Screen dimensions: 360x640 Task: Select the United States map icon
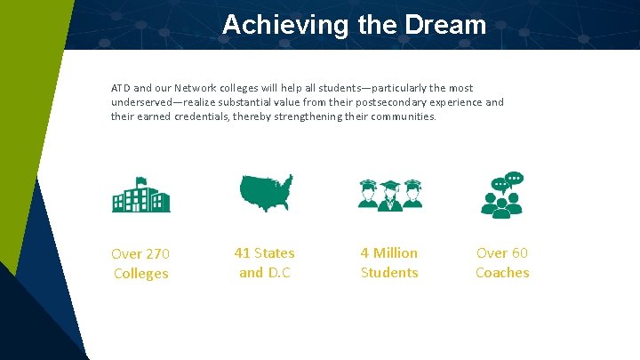click(266, 192)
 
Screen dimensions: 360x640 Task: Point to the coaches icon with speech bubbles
click(502, 195)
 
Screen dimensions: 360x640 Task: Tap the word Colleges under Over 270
click(140, 274)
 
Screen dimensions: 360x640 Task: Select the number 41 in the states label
click(242, 253)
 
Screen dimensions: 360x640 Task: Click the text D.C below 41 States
click(278, 273)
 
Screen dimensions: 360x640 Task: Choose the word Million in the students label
click(396, 253)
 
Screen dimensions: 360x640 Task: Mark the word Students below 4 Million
click(389, 273)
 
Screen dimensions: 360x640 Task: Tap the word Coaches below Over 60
click(502, 273)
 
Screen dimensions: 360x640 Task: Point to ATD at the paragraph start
click(120, 89)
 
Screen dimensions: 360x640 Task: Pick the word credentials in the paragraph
click(202, 117)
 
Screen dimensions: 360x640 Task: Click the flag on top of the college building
click(140, 181)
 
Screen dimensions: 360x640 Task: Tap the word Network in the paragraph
click(196, 89)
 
